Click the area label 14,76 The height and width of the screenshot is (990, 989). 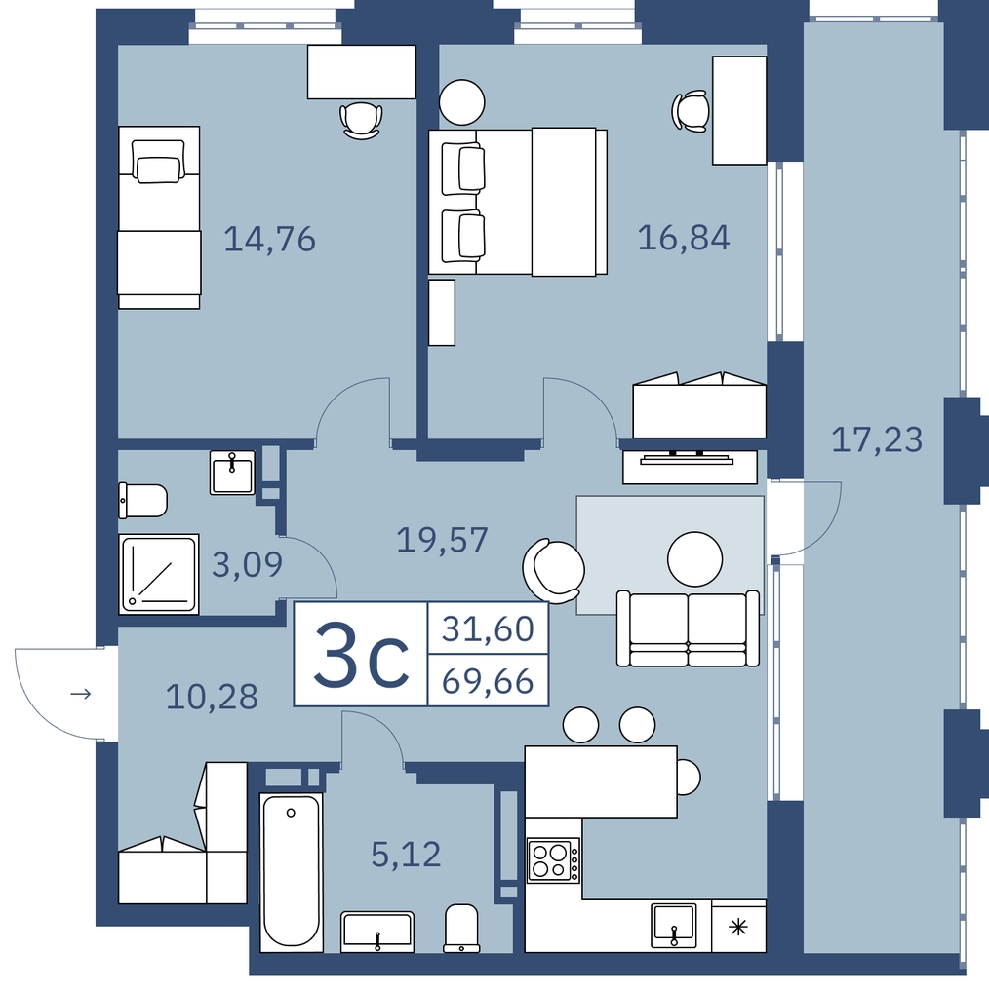point(270,240)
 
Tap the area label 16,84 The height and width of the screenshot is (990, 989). point(684,238)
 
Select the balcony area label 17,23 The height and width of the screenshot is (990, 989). point(877,439)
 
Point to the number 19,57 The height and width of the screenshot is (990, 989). point(443,541)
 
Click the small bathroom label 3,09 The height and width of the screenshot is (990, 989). point(247,564)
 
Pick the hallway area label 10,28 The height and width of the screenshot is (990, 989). point(212,697)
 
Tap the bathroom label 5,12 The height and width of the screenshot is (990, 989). point(406,855)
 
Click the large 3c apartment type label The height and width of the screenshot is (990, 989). point(361,655)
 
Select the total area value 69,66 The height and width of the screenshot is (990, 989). point(488,682)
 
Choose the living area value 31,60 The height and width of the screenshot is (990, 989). point(488,628)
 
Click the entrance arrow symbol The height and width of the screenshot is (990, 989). point(80,694)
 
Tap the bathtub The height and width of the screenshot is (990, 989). point(292,872)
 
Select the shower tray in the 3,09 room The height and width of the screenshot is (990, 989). point(159,574)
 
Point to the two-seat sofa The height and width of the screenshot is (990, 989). point(689,628)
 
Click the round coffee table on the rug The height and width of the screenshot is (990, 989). point(695,559)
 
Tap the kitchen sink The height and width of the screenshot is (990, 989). point(674,925)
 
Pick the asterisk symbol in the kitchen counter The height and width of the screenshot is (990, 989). point(738,927)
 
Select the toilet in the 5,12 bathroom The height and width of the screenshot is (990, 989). point(462,928)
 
